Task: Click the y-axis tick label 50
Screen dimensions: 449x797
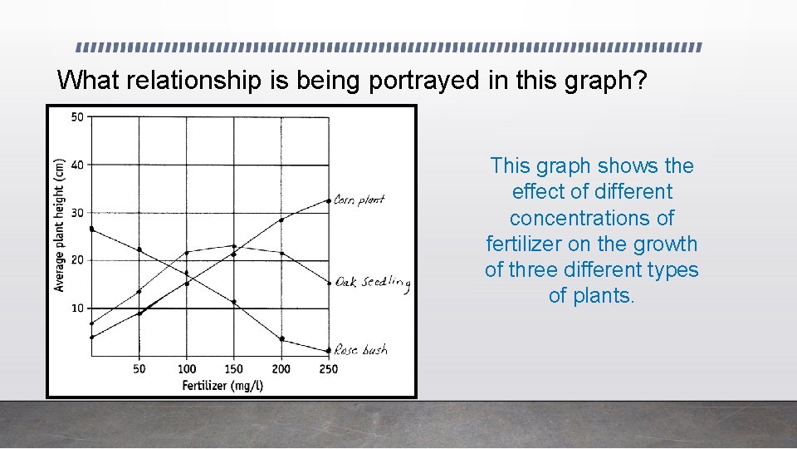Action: tap(76, 117)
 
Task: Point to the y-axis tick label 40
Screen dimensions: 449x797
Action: tap(76, 165)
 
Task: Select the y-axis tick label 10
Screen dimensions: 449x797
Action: tap(76, 308)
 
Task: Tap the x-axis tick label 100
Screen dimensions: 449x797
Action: tap(187, 368)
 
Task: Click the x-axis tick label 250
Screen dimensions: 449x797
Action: tap(329, 368)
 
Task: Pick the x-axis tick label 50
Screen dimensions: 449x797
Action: tap(139, 368)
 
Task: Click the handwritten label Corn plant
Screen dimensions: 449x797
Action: tap(359, 200)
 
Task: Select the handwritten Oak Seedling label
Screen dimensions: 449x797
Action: tap(373, 284)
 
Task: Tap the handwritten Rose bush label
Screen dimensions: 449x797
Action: tap(362, 350)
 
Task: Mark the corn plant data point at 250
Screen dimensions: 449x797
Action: tap(329, 200)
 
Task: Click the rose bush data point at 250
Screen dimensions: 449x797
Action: tap(329, 350)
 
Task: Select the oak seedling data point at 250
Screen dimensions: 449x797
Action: tap(329, 284)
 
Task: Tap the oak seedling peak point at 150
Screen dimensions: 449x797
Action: tap(234, 246)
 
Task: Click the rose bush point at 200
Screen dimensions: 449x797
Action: tap(281, 338)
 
